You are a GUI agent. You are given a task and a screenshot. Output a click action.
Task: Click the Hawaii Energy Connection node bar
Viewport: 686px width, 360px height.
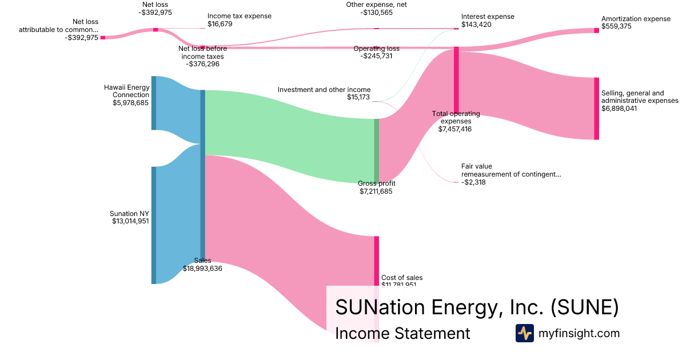coord(153,103)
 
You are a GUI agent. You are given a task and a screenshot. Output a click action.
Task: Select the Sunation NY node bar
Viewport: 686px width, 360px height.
coord(153,225)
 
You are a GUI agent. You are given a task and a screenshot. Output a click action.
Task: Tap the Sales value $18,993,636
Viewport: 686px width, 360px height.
coord(202,268)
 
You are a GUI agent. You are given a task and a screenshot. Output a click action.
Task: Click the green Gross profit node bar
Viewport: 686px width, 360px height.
coord(376,150)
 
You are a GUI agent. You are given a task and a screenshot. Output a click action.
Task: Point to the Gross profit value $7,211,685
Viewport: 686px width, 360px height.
coord(376,191)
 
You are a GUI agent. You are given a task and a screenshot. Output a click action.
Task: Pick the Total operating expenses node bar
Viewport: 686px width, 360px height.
coord(456,81)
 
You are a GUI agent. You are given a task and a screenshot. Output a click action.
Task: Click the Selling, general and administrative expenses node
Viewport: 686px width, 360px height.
coord(596,108)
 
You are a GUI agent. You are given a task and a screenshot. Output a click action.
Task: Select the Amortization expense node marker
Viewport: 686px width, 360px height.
coord(596,30)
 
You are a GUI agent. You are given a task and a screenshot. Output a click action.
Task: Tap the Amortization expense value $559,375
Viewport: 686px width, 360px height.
coord(616,26)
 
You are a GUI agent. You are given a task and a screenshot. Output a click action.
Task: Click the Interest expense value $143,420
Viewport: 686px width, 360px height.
coord(477,25)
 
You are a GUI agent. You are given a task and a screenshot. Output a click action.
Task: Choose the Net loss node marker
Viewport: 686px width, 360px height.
coord(155,29)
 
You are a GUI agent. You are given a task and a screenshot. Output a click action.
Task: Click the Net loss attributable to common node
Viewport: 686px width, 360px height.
coord(103,37)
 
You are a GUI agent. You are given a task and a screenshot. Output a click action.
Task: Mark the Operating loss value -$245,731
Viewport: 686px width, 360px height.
coord(376,56)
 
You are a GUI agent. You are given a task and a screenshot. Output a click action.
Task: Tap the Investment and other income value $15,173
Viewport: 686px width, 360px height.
coord(358,97)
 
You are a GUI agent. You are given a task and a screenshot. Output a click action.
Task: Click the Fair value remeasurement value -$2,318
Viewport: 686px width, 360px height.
coord(473,182)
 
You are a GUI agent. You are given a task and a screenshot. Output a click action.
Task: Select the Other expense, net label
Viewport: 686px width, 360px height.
coord(376,5)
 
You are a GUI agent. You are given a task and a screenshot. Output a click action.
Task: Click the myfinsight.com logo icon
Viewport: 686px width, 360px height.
coord(524,333)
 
